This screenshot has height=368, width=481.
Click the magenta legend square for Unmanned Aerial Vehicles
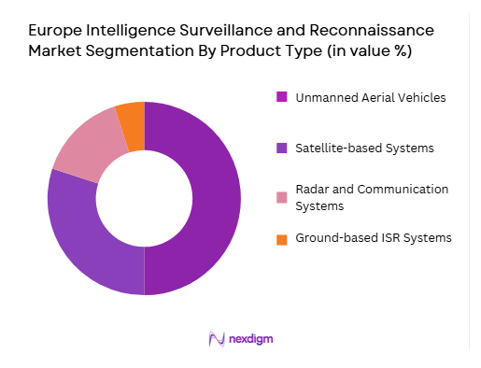[281, 96]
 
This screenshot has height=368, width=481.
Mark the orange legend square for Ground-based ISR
[281, 239]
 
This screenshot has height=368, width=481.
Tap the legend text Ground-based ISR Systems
[374, 239]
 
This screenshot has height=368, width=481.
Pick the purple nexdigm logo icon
[217, 338]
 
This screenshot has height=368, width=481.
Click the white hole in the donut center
[144, 198]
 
